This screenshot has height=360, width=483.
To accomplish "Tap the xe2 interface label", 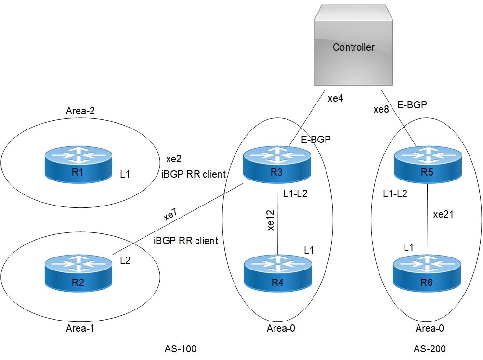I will (174, 159).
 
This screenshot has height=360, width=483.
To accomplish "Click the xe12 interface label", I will (271, 220).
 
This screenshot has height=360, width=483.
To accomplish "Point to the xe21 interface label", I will (444, 215).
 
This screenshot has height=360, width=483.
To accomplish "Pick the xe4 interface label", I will (335, 99).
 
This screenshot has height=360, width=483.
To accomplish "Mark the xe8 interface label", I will (381, 109).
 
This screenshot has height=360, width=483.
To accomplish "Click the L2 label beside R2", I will (125, 260).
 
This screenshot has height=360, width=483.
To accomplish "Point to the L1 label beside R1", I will (125, 173).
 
